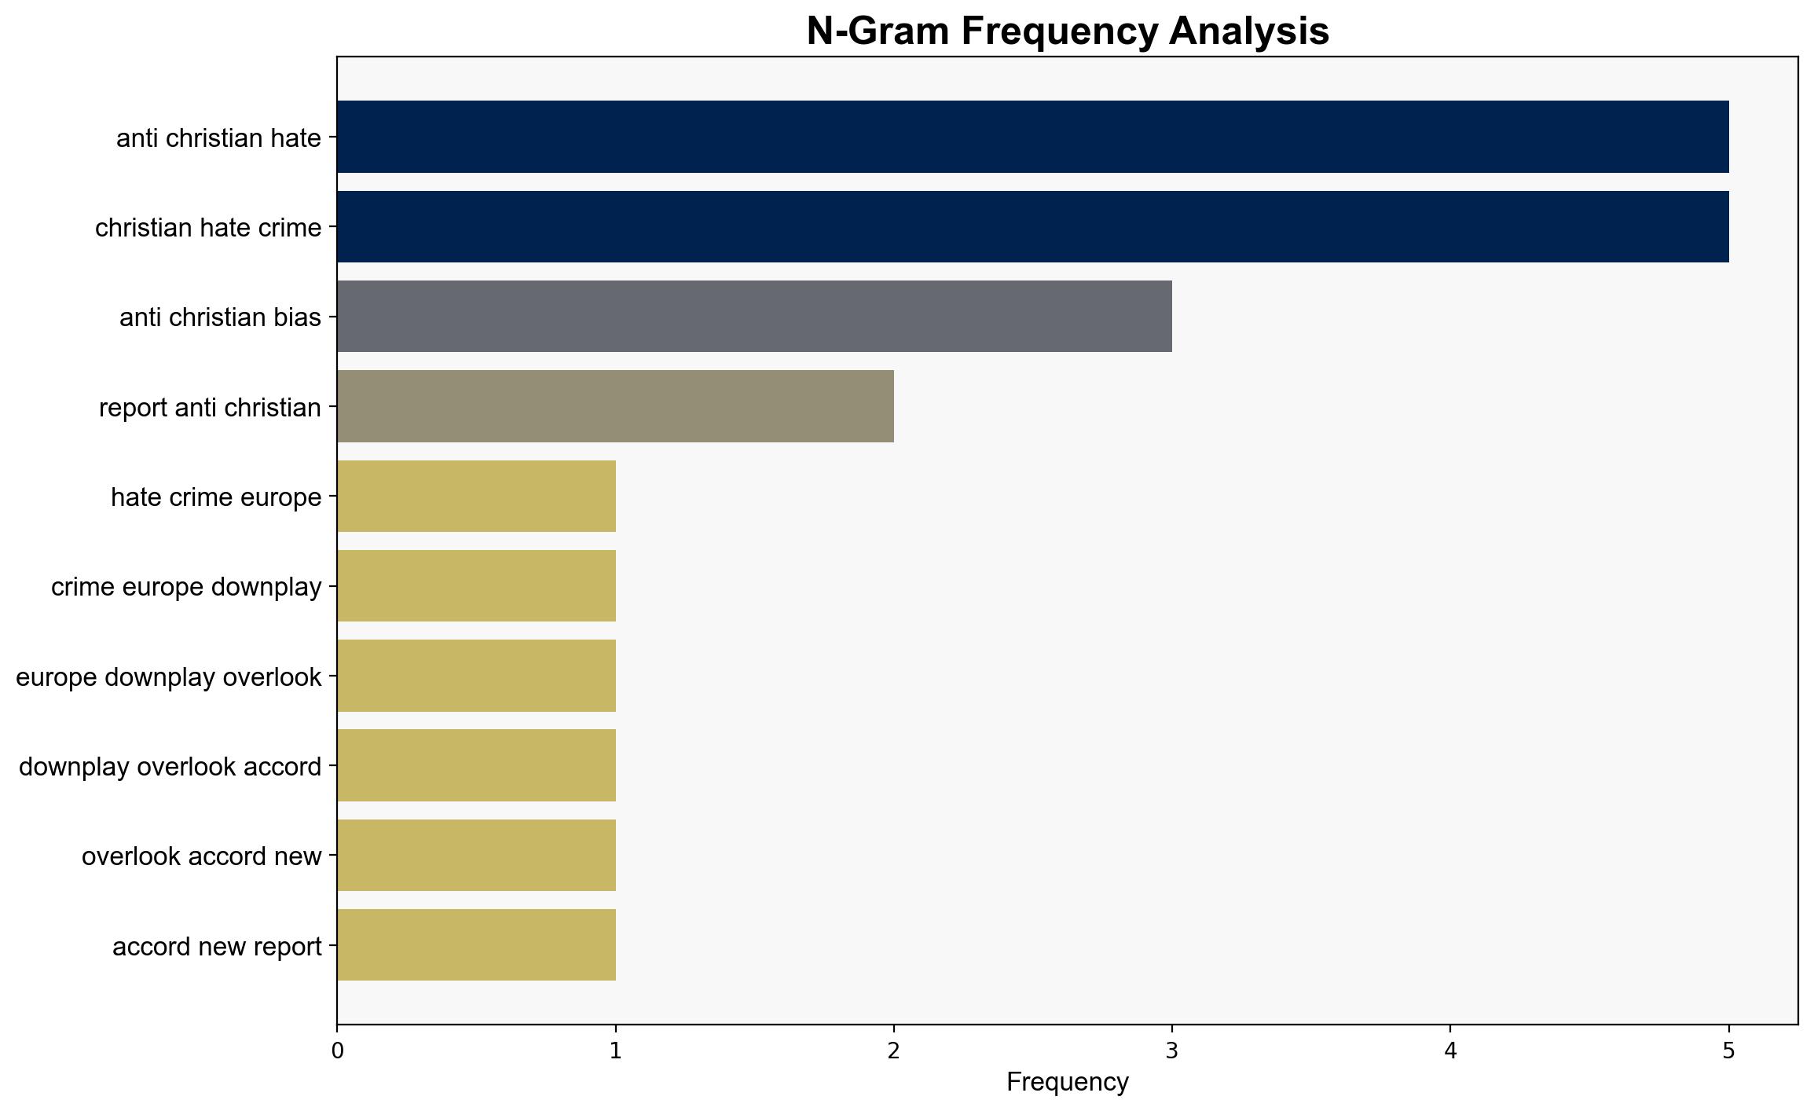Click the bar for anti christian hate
1032,137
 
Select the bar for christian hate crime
1032,226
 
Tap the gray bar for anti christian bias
754,317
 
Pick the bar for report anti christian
615,406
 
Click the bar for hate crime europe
476,496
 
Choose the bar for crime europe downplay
476,586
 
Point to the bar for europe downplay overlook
476,676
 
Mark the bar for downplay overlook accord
476,765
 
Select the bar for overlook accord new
476,856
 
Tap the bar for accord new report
476,945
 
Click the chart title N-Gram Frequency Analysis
1068,31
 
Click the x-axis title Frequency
1068,1082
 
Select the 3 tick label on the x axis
1172,1051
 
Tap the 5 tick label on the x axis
1728,1051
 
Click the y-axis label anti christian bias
221,317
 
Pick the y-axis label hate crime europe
216,497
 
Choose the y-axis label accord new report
217,947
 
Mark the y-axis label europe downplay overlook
169,677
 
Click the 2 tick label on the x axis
894,1051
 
